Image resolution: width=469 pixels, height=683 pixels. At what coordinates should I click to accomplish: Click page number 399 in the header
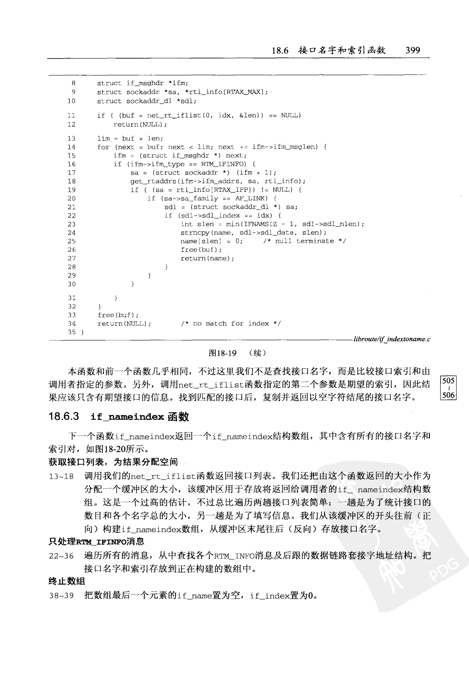pyautogui.click(x=412, y=50)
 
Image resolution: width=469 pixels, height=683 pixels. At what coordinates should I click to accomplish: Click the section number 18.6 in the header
pyautogui.click(x=280, y=50)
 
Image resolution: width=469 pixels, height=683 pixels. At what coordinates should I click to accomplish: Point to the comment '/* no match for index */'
pyautogui.click(x=231, y=323)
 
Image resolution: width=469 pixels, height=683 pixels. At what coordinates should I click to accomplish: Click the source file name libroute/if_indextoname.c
pyautogui.click(x=392, y=340)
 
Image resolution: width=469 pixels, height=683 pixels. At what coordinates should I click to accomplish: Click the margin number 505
pyautogui.click(x=448, y=381)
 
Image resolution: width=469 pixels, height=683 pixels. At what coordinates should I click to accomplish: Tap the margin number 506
pyautogui.click(x=448, y=395)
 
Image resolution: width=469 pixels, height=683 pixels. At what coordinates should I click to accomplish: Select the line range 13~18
pyautogui.click(x=61, y=476)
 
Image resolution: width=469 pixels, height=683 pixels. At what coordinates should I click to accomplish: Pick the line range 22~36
pyautogui.click(x=61, y=556)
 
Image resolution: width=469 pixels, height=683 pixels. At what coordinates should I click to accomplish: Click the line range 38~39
pyautogui.click(x=61, y=596)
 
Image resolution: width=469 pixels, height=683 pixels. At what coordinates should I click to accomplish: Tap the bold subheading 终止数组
pyautogui.click(x=67, y=581)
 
